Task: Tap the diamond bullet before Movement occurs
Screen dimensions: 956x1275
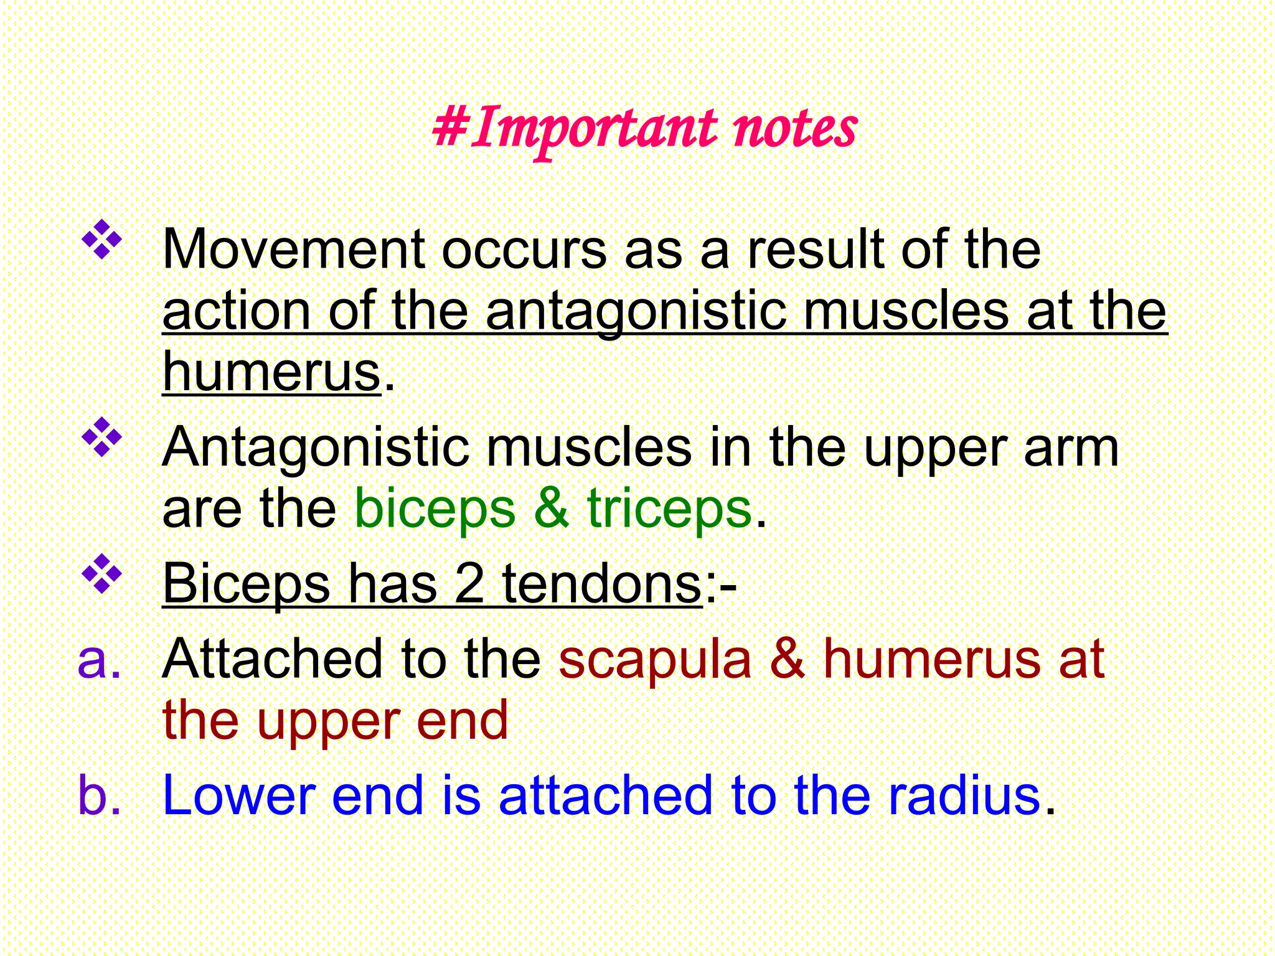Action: coord(101,240)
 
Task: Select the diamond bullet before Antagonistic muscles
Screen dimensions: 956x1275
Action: coord(101,438)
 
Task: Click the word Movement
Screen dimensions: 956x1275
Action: coord(293,250)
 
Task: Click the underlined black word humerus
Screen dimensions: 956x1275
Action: coord(271,372)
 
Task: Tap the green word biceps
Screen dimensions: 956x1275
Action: coord(435,509)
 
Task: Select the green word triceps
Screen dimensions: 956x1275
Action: coord(669,509)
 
